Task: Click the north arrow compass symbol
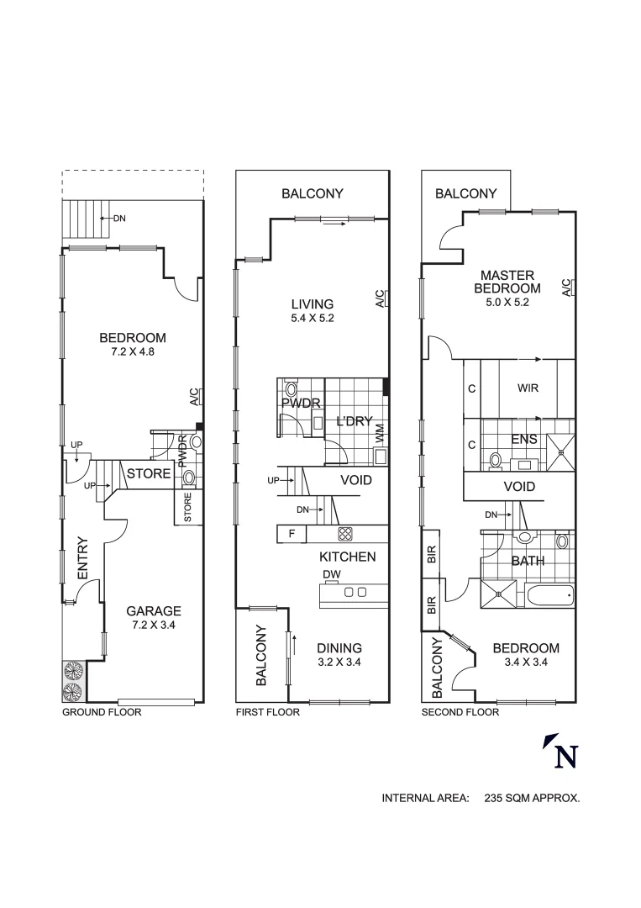point(562,751)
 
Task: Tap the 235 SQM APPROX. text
point(532,799)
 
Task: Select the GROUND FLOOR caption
point(102,712)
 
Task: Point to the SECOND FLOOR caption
point(460,712)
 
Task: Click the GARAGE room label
point(154,611)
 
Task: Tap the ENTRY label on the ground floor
point(83,557)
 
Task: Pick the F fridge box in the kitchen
point(292,533)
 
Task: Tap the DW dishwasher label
point(331,574)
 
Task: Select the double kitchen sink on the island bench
point(355,592)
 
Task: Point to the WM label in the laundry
point(380,435)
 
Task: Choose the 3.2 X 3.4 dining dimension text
point(339,662)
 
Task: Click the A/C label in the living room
point(380,298)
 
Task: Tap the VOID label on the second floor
point(519,487)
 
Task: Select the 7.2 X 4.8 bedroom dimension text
point(133,352)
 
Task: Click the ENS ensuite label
point(524,440)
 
